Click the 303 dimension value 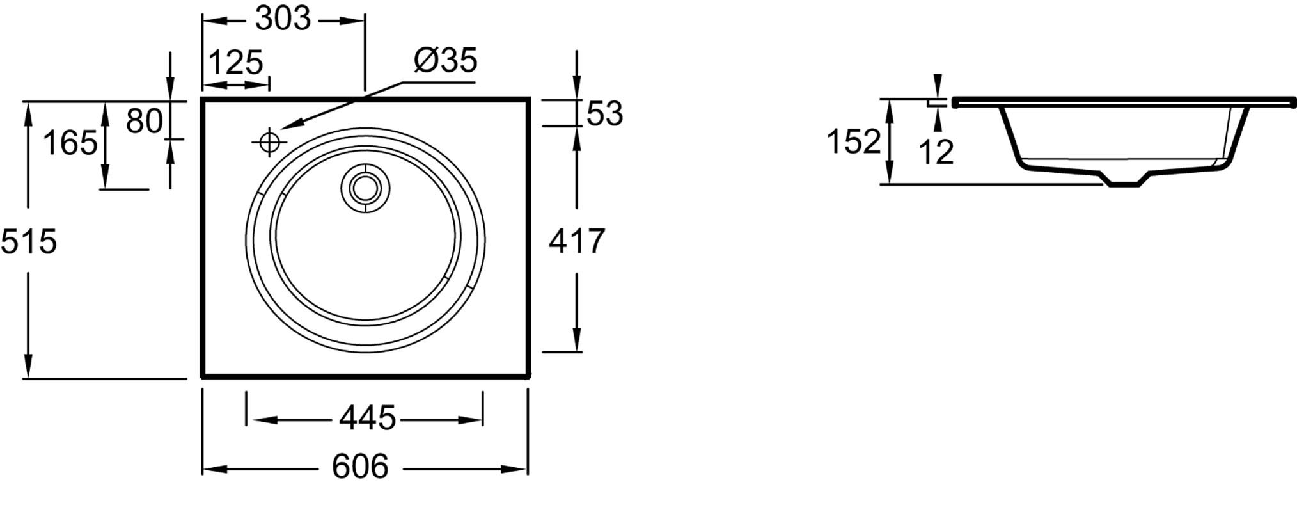point(283,19)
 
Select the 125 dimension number point(236,62)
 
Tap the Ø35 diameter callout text point(446,60)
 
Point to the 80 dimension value point(145,120)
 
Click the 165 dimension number point(70,142)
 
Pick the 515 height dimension point(29,241)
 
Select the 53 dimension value point(604,113)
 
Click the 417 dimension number point(577,241)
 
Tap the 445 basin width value point(368,419)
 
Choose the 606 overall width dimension point(360,467)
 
